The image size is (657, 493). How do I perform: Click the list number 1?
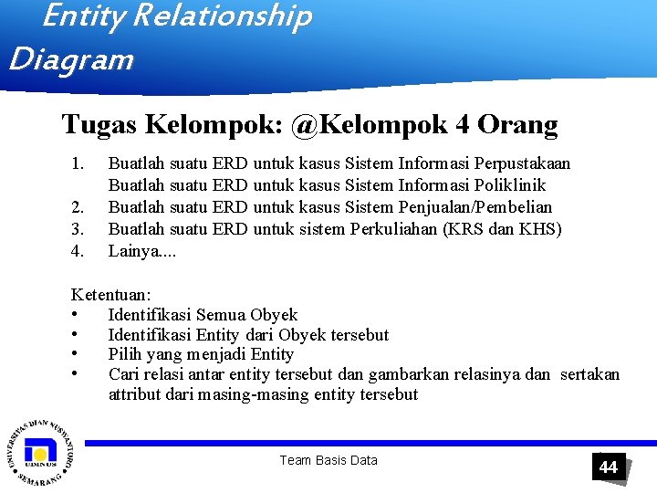pyautogui.click(x=78, y=163)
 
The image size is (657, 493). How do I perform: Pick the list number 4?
pyautogui.click(x=78, y=249)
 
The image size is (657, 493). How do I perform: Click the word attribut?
pyautogui.click(x=136, y=394)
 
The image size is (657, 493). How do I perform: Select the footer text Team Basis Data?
pyautogui.click(x=328, y=460)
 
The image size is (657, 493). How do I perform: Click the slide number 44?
pyautogui.click(x=608, y=467)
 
